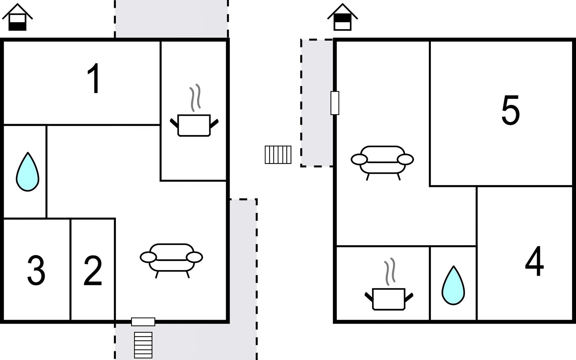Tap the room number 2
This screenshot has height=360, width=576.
pos(93,271)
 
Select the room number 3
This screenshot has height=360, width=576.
pos(36,271)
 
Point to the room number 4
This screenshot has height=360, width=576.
pos(535,261)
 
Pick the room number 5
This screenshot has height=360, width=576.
pos(510,110)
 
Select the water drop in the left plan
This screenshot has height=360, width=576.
pos(27,172)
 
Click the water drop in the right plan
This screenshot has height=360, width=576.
pos(453,285)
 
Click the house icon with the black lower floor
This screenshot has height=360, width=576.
pos(17,17)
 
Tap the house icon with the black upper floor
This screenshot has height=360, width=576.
pos(342,17)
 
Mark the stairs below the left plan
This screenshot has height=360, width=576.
pos(143,345)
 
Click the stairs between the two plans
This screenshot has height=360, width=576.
pos(278,155)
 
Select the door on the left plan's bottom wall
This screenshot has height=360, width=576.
pos(143,322)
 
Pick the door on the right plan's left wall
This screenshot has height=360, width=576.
pos(335,103)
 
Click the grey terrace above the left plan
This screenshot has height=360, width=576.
pos(171,19)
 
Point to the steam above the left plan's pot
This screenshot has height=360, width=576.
pos(195,97)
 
